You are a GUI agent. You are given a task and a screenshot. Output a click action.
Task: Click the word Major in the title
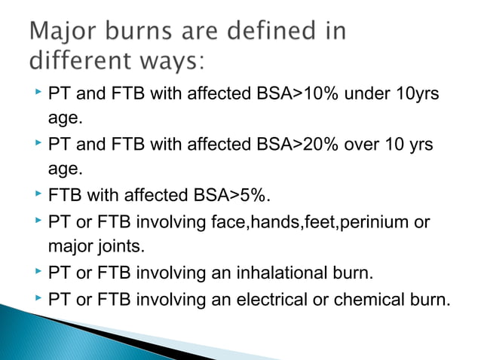tap(65, 32)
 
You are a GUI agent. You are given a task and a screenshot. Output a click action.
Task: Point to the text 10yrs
tap(412, 96)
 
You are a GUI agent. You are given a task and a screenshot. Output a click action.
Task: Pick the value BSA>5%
tap(226, 197)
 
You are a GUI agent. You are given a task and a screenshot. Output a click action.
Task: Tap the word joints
tap(121, 246)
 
